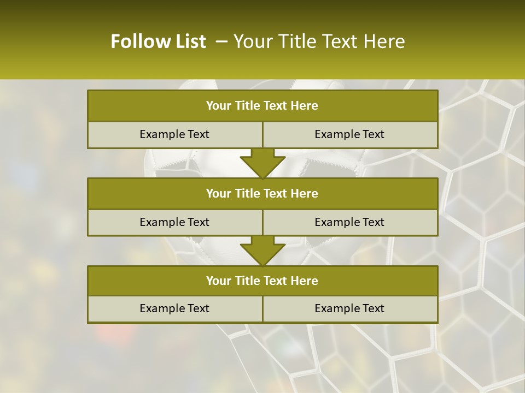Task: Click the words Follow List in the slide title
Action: [x=158, y=41]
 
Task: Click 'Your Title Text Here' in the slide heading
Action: [x=319, y=41]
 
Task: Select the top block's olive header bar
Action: [x=262, y=106]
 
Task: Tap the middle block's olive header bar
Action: [x=262, y=193]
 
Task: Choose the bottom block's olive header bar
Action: [x=262, y=281]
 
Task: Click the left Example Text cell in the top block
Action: [x=174, y=134]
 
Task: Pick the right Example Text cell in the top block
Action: [x=349, y=134]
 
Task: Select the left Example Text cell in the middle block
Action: [x=174, y=222]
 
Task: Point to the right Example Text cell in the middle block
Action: [x=349, y=222]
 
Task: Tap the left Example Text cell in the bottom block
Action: [x=174, y=308]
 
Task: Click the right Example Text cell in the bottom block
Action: [x=349, y=308]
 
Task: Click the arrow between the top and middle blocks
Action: [x=262, y=163]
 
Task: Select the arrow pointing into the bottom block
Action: [x=262, y=251]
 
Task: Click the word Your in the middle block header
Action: [x=218, y=193]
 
